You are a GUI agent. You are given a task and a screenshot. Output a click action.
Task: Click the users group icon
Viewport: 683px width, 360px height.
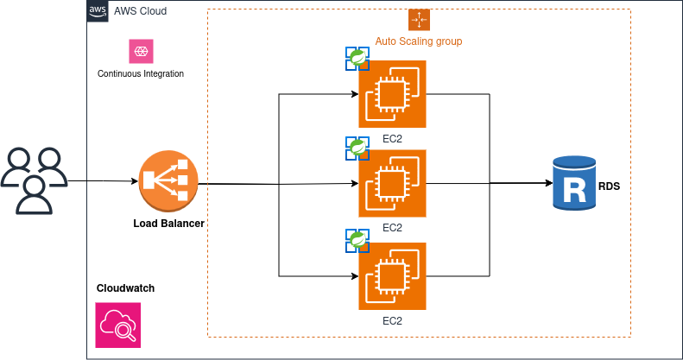(x=34, y=180)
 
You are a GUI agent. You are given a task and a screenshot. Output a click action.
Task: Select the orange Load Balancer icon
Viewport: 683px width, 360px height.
(x=168, y=181)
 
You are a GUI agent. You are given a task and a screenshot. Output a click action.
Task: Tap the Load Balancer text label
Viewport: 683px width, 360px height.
(x=168, y=224)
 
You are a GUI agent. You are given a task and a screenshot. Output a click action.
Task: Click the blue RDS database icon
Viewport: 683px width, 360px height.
(x=574, y=183)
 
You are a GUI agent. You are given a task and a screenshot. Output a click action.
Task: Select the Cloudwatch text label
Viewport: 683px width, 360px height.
(x=125, y=288)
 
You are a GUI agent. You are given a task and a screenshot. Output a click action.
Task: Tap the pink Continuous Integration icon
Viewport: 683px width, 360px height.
(x=140, y=51)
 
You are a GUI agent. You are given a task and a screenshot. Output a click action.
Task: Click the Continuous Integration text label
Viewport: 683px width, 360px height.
(x=141, y=73)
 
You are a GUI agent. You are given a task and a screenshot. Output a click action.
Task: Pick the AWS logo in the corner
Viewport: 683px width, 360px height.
(x=98, y=10)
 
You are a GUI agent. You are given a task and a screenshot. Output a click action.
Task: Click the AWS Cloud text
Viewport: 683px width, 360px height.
(x=140, y=11)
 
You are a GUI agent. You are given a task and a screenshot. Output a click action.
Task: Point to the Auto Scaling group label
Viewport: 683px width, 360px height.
(x=419, y=41)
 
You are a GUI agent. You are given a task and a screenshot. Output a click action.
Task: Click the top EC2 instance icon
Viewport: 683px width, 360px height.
(x=392, y=93)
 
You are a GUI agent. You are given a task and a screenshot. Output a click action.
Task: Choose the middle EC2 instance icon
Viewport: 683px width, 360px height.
(x=392, y=183)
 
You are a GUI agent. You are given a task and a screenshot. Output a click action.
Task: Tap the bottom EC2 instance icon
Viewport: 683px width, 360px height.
(x=392, y=275)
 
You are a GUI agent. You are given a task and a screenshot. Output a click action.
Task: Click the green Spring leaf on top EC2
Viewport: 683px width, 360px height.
(x=357, y=58)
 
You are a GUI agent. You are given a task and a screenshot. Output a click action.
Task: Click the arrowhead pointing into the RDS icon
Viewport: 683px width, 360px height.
(x=548, y=184)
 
